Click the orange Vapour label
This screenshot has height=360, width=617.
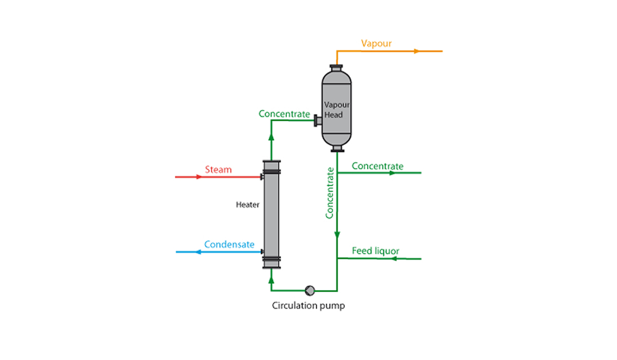[x=376, y=43]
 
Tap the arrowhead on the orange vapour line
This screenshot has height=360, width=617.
[x=417, y=51]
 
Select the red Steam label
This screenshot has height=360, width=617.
[x=218, y=169]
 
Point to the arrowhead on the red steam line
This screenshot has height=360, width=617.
[x=199, y=177]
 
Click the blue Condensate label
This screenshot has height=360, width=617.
[x=229, y=244]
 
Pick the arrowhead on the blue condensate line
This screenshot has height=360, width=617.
[x=198, y=252]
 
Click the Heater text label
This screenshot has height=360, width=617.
[x=248, y=205]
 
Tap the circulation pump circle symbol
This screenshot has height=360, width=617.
[x=310, y=290]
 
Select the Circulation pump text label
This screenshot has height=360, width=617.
[x=308, y=305]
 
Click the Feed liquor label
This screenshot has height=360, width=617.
[x=375, y=251]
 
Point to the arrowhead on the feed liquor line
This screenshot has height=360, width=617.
[x=394, y=258]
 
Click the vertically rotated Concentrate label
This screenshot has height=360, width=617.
[x=330, y=193]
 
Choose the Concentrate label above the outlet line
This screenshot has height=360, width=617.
[x=377, y=166]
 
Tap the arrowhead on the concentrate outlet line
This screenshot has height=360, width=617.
[x=392, y=173]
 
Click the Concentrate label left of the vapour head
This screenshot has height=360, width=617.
[x=284, y=114]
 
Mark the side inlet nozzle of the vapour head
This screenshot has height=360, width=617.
[x=318, y=121]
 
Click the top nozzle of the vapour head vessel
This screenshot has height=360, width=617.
[x=336, y=68]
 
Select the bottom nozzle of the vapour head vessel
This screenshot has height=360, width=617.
[x=337, y=149]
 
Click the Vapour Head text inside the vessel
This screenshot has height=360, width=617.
[x=337, y=110]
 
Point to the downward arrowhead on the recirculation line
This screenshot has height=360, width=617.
[x=337, y=235]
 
